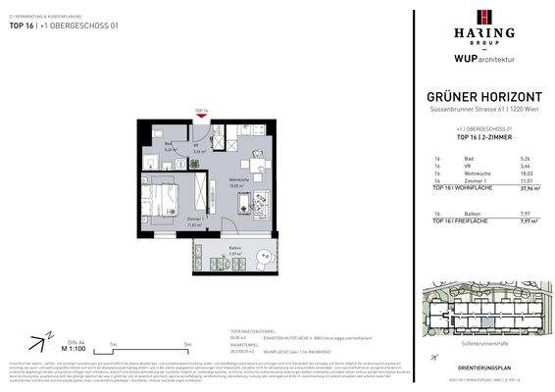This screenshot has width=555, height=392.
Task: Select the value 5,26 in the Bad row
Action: click(524, 158)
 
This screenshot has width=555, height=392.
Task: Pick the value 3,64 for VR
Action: click(524, 166)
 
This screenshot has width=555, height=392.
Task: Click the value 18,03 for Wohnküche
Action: click(524, 173)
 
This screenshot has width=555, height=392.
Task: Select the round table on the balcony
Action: click(262, 257)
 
